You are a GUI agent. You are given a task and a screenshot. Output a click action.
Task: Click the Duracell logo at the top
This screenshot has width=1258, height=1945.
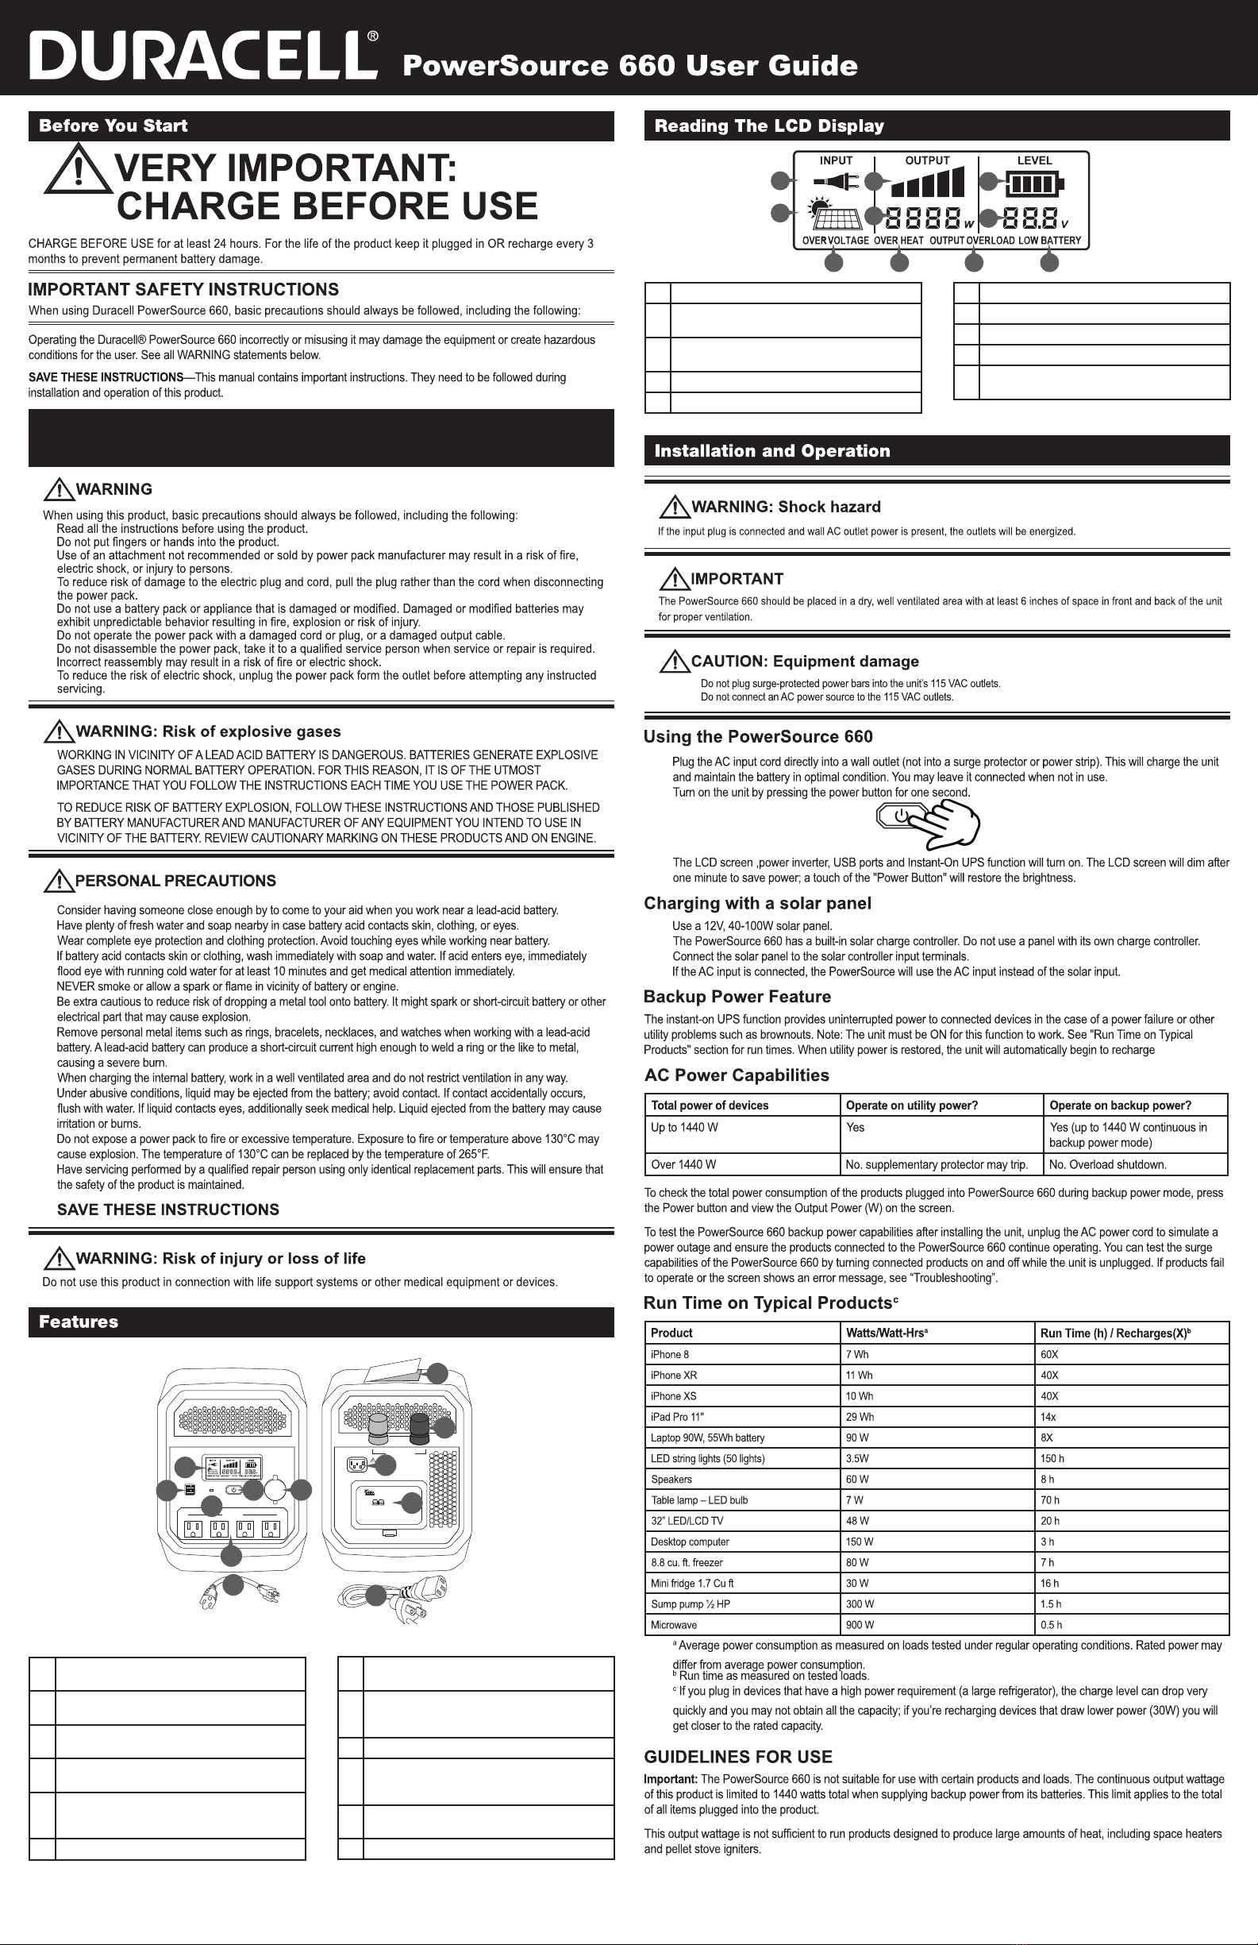pyautogui.click(x=203, y=56)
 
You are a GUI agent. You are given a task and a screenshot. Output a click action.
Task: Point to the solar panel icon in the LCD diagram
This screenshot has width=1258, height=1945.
pyautogui.click(x=837, y=218)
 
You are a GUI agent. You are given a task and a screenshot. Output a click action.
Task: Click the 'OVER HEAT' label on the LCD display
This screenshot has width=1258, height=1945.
pyautogui.click(x=898, y=241)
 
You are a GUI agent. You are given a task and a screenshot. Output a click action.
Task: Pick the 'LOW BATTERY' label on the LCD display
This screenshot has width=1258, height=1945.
pyautogui.click(x=1049, y=241)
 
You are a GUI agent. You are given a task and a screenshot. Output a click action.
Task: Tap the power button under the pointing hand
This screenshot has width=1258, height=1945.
pyautogui.click(x=900, y=815)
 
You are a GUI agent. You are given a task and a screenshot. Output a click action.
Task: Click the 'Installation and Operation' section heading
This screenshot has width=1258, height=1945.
pyautogui.click(x=772, y=451)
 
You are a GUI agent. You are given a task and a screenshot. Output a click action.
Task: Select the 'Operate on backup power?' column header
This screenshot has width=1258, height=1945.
pyautogui.click(x=1120, y=1106)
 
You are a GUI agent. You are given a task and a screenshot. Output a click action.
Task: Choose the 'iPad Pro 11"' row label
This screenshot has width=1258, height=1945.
pyautogui.click(x=677, y=1417)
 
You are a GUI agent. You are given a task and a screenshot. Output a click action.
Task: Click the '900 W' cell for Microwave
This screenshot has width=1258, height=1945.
pyautogui.click(x=860, y=1626)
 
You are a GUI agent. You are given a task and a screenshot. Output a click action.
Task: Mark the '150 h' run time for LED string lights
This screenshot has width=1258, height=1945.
pyautogui.click(x=1052, y=1459)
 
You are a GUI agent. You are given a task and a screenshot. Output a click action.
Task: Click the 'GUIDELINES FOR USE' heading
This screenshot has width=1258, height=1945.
pyautogui.click(x=737, y=1757)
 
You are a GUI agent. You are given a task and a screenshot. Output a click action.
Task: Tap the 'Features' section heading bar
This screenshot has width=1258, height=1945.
pyautogui.click(x=79, y=1322)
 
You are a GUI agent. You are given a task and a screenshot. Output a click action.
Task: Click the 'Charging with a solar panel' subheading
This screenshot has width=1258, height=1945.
pyautogui.click(x=757, y=903)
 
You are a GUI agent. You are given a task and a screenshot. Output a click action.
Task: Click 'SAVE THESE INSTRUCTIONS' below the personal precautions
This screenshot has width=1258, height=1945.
pyautogui.click(x=167, y=1210)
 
